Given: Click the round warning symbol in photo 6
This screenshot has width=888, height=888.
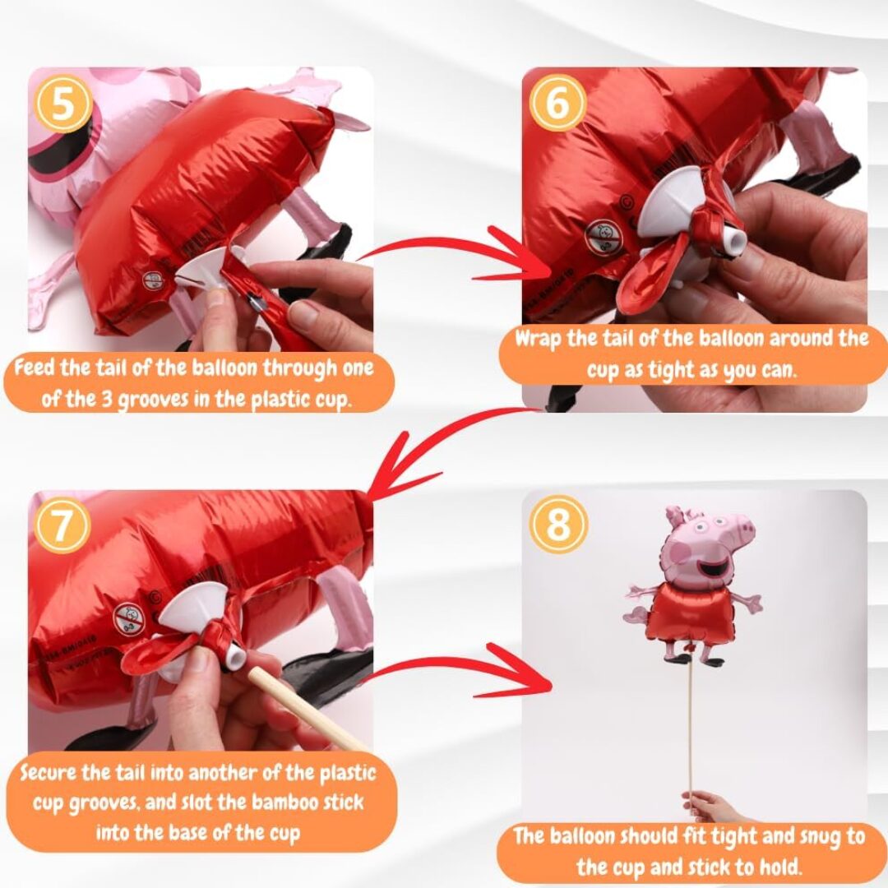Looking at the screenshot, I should pyautogui.click(x=604, y=238).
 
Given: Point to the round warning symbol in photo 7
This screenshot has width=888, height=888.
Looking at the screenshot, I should pyautogui.click(x=129, y=617).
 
